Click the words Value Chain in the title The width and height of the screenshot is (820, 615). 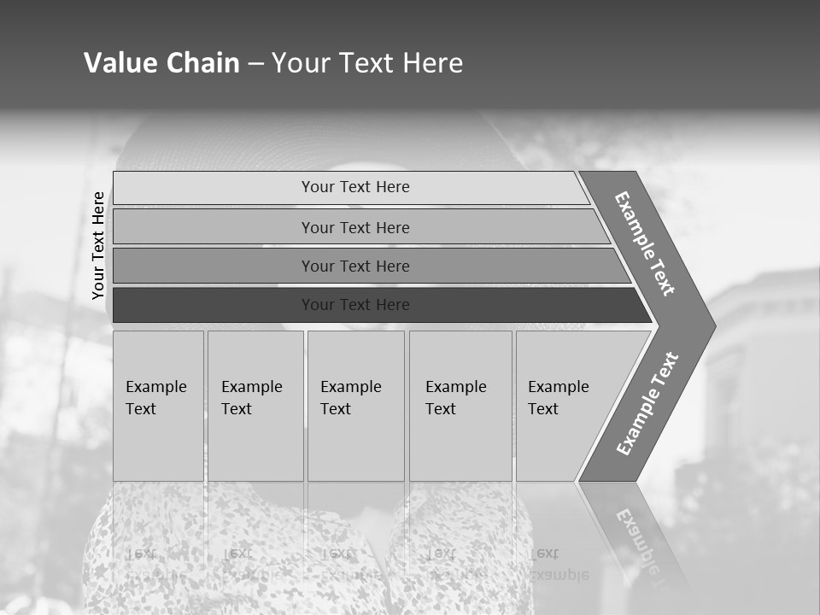[x=161, y=63]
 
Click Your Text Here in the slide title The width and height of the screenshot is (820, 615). [x=367, y=63]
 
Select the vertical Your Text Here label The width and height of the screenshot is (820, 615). [x=98, y=246]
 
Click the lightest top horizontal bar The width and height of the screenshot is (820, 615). [x=214, y=188]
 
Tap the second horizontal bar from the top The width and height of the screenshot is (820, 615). [x=214, y=227]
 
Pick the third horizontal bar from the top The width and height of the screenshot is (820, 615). [x=214, y=266]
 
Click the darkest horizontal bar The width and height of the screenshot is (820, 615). [x=214, y=305]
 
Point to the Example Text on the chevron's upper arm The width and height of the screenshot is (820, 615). [x=645, y=243]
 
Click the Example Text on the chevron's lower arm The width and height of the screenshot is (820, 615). [x=647, y=404]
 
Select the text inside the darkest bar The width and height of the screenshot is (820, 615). [x=355, y=305]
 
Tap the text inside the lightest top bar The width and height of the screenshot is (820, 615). [x=355, y=187]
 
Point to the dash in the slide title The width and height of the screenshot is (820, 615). [x=255, y=64]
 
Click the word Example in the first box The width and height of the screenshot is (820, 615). [x=155, y=387]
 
